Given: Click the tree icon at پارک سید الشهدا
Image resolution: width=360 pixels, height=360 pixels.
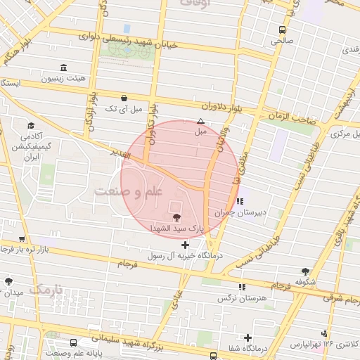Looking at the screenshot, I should click(x=175, y=216).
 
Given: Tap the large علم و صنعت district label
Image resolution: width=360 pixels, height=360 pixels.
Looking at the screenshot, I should click(x=129, y=191).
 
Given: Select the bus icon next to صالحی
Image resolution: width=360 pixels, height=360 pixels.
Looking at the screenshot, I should click(x=282, y=30).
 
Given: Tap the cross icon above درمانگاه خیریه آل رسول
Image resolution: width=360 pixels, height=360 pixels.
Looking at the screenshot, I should click(x=185, y=245).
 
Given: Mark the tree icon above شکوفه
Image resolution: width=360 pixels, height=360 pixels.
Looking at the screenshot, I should click(x=304, y=271).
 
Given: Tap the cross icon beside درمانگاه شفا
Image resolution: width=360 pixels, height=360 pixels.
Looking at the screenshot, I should click(x=247, y=337).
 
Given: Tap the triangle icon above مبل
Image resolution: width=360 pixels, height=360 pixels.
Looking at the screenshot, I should click(x=201, y=121).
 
